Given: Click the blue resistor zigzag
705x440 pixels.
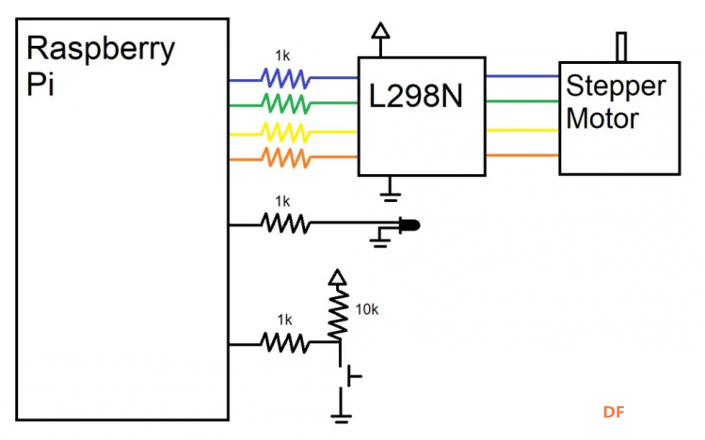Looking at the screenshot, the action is pos(285,78).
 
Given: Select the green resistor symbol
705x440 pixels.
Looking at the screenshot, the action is pos(285,103).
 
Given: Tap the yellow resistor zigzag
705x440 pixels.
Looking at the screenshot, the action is pos(285,133).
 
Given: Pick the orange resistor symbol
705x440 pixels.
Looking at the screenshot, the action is pos(285,158).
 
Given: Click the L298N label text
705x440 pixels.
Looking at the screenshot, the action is pos(415,96).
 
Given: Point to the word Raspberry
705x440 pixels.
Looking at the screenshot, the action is pos(101,50).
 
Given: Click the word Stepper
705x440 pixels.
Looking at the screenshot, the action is pos(616,86).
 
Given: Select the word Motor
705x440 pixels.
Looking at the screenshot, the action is pos(602,118).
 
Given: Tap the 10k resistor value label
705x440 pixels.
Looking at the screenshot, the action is pos(367,309).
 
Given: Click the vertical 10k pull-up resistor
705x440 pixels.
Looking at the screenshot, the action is pos(338,314).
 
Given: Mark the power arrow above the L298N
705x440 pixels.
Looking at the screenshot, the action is pos(380,39).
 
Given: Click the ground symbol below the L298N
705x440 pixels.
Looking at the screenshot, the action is pos(390,189).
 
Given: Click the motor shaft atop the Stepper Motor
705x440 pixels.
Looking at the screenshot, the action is pos(621,47).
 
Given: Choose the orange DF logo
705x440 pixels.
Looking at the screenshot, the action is pos(614,412).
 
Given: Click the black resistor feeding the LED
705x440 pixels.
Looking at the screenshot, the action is pos(285,223).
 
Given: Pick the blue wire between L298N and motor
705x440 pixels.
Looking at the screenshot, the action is pos(522,76).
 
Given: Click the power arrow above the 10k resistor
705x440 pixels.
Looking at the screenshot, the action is pos(338,277).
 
